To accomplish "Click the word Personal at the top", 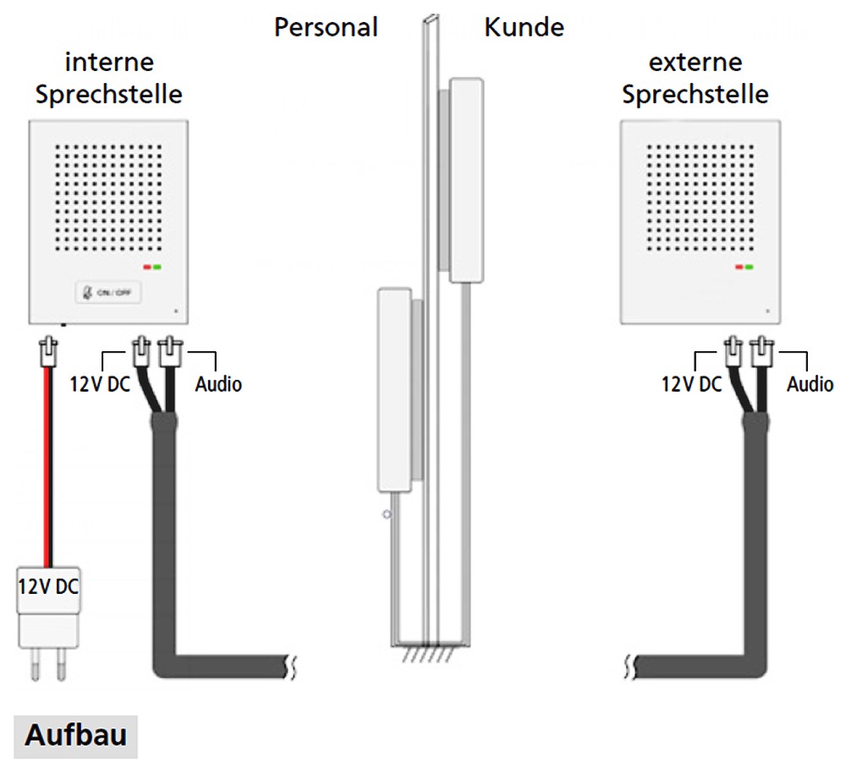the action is (x=326, y=27).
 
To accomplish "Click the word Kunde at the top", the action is (x=524, y=27).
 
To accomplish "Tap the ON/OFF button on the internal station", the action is (x=108, y=293).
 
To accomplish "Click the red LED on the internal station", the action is (x=146, y=267).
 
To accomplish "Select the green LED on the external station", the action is (x=749, y=267).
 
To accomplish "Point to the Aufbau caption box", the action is (x=75, y=736).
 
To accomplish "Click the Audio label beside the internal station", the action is (x=218, y=384).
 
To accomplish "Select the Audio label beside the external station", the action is (x=810, y=384).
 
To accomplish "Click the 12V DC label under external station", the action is (x=692, y=384).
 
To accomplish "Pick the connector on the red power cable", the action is (x=49, y=351).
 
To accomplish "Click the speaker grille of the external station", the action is (x=700, y=197).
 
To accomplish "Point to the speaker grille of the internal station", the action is (x=108, y=197).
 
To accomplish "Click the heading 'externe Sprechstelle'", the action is (x=695, y=78).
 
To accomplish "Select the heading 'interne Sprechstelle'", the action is (x=109, y=78).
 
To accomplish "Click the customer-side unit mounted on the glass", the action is (x=465, y=180).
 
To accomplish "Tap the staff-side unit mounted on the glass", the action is (x=394, y=390).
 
